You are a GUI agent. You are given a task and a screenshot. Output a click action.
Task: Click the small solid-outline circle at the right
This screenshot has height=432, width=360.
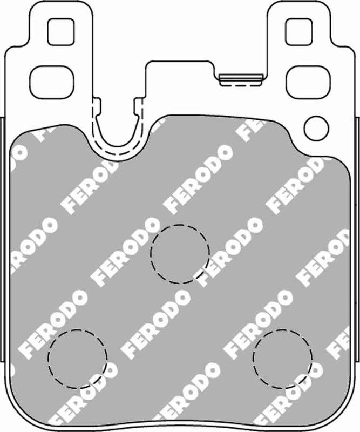(316, 127)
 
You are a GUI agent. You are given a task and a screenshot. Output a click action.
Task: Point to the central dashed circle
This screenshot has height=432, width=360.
(180, 251)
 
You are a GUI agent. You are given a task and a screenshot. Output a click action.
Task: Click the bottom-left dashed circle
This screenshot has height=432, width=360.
(77, 355)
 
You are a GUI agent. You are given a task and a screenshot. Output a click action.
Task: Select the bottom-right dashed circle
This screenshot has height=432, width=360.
(282, 355)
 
